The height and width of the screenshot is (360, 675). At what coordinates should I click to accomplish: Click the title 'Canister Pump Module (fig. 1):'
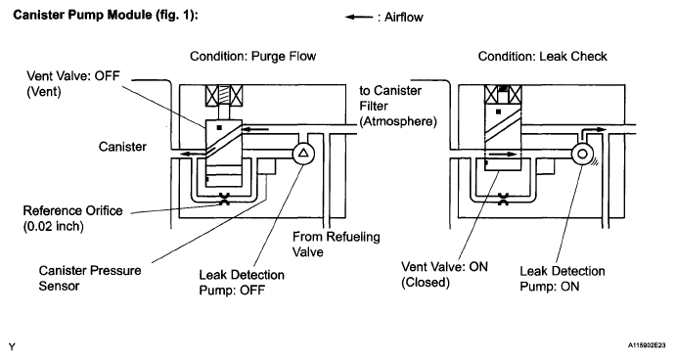(x=106, y=15)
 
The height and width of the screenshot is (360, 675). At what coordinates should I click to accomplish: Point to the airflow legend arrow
(x=359, y=18)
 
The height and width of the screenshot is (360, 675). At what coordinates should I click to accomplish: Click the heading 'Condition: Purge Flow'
(x=252, y=57)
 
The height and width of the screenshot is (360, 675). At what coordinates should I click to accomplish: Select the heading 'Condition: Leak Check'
(x=542, y=57)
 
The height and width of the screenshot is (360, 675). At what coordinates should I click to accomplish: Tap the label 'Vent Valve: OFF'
(x=73, y=75)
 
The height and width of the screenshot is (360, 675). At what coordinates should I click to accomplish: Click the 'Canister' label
(x=122, y=147)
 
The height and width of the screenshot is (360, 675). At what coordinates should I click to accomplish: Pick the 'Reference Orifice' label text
(x=72, y=211)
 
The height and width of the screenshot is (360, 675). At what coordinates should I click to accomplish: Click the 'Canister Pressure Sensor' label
(x=90, y=278)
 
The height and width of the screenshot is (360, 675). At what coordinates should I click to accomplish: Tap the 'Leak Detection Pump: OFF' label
(x=242, y=283)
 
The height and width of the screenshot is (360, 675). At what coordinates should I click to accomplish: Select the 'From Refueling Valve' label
(x=337, y=245)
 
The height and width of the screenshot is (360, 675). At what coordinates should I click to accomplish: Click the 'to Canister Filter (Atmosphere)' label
(x=398, y=106)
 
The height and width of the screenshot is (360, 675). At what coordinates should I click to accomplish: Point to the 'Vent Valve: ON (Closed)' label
(x=444, y=274)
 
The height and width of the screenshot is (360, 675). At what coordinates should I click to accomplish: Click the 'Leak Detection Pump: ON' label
(x=562, y=279)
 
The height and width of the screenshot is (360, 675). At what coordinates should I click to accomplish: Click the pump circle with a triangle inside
(x=303, y=153)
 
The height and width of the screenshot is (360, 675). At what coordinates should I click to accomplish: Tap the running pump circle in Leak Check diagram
(x=582, y=154)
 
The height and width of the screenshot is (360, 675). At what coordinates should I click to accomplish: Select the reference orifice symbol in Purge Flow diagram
(x=224, y=199)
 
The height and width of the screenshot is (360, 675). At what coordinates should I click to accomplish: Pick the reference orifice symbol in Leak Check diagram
(x=503, y=199)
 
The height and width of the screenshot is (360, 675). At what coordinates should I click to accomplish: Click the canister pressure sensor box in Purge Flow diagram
(x=266, y=166)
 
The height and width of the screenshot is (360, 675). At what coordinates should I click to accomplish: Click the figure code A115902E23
(x=647, y=345)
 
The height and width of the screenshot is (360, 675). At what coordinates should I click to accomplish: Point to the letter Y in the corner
(x=12, y=347)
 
